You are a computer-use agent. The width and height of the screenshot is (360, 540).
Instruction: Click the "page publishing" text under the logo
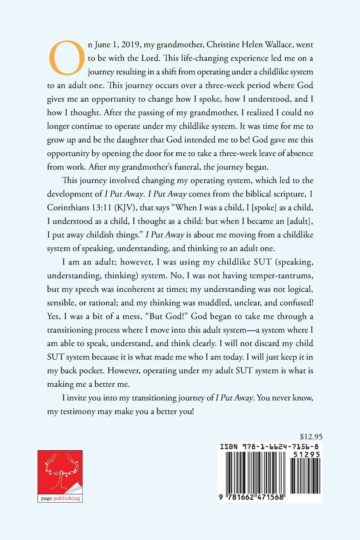pyautogui.click(x=60, y=498)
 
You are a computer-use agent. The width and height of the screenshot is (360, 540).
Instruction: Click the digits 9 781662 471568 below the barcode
pyautogui.click(x=251, y=497)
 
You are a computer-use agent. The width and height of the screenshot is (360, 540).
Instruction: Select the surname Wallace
pyautogui.click(x=275, y=44)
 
